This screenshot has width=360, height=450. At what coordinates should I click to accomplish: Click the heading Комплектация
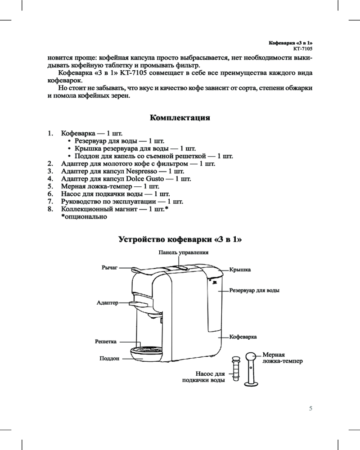180,118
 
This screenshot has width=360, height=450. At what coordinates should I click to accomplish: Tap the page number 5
310,409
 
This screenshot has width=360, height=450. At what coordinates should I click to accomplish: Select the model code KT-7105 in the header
302,47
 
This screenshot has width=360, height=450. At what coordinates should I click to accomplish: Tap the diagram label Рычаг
109,268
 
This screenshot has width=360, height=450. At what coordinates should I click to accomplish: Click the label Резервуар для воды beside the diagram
255,290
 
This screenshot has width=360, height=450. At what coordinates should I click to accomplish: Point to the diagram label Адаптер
107,303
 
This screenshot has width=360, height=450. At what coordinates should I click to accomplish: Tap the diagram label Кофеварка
243,337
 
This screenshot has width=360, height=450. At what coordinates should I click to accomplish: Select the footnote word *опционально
84,217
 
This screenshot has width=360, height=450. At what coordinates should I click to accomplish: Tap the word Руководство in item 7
82,202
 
